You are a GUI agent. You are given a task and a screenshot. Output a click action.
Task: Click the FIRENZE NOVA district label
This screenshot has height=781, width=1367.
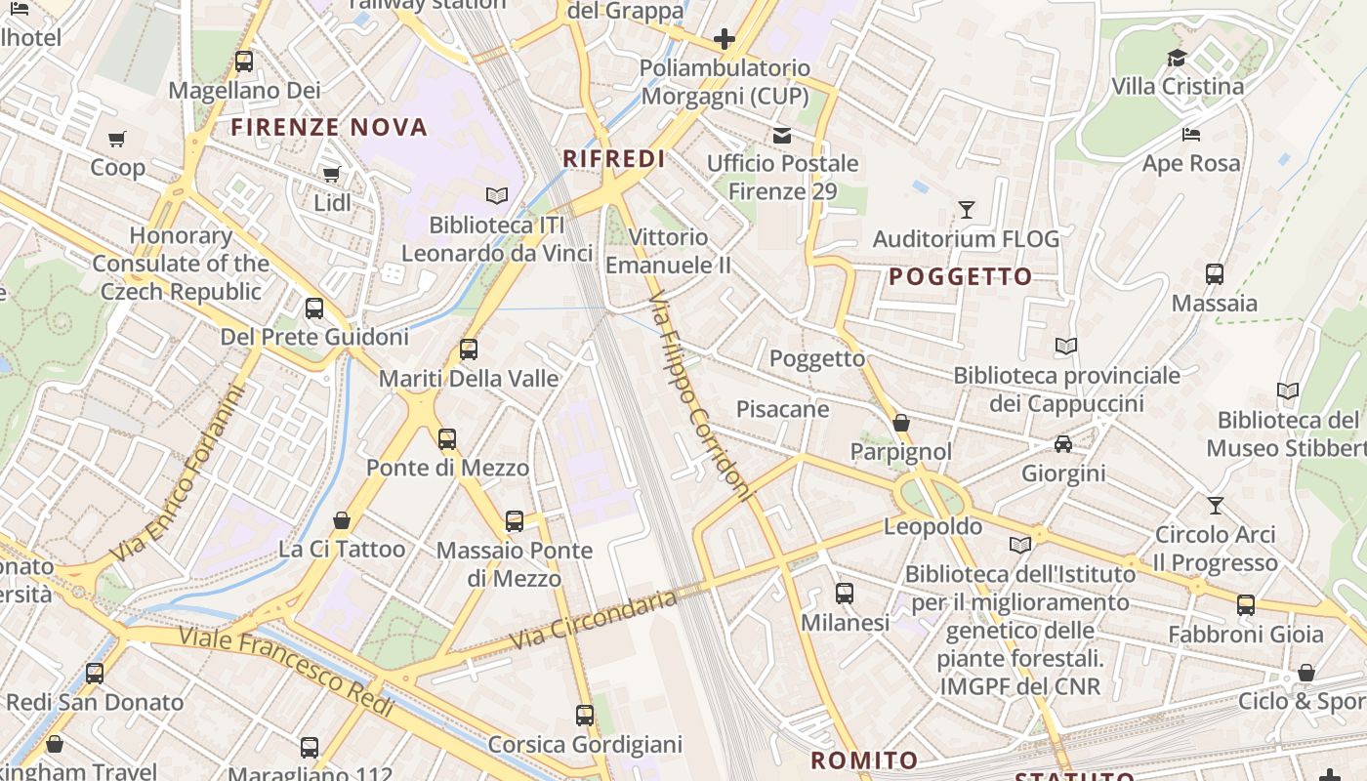click(329, 127)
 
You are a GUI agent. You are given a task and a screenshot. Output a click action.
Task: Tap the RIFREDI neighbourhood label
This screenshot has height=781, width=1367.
click(614, 159)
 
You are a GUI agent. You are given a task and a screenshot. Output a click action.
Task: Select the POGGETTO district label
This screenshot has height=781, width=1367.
click(961, 277)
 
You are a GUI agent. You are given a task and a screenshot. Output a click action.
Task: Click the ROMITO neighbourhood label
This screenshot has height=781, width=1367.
click(864, 760)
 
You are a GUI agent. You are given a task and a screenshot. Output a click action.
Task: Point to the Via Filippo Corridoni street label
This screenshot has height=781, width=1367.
click(701, 395)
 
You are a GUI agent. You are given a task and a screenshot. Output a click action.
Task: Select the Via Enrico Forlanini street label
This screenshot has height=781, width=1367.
click(177, 474)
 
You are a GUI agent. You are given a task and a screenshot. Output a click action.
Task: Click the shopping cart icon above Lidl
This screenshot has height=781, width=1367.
click(332, 175)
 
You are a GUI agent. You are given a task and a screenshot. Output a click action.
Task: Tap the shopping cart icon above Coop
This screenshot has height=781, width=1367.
click(117, 139)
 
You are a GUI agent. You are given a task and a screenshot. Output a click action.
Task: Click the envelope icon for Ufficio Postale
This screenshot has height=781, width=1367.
click(782, 135)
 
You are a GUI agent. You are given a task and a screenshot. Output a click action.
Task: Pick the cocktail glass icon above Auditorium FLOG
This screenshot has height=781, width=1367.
click(966, 210)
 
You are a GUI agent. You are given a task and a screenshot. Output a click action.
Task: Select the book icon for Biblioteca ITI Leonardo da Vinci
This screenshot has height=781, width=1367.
click(497, 196)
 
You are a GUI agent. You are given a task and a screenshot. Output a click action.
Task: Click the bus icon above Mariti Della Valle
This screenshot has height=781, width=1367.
click(469, 349)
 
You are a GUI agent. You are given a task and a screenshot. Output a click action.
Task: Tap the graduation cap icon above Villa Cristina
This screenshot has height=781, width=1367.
click(1177, 59)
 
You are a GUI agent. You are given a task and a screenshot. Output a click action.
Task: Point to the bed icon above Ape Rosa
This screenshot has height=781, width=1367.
click(1190, 135)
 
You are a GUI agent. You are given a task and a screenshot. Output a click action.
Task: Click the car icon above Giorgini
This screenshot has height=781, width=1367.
click(1063, 445)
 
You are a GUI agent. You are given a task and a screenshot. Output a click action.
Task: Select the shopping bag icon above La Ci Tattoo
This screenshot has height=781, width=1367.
click(342, 520)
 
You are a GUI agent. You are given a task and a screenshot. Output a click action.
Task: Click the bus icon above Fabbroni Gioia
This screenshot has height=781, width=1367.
click(1246, 605)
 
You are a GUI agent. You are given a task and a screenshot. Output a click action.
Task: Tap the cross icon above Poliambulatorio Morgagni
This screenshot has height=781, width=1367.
click(724, 39)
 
